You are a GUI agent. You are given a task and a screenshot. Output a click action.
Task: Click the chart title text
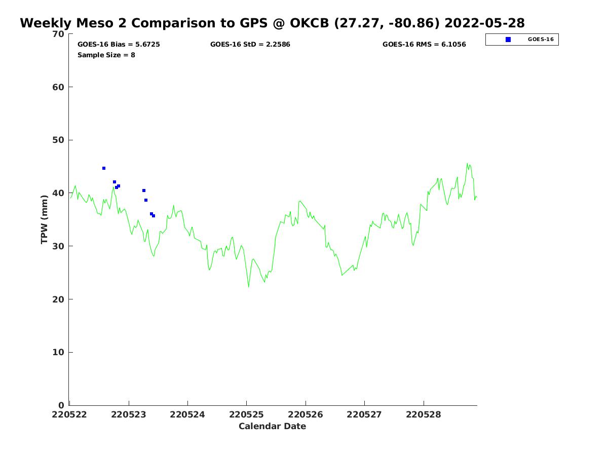pos(272,23)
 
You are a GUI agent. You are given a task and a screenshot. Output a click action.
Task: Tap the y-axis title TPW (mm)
pos(45,219)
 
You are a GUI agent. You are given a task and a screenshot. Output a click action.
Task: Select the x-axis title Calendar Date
pos(272,426)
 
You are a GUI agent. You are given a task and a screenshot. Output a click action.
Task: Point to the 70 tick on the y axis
pos(59,34)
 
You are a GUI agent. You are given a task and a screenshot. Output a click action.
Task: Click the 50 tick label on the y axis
pos(59,140)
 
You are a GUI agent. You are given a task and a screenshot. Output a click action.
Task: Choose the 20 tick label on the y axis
pos(59,299)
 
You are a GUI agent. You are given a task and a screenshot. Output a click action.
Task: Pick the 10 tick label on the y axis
pos(59,353)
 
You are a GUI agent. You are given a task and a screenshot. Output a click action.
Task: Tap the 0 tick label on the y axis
pos(61,405)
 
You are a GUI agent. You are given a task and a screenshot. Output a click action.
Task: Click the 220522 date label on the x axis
pos(69,414)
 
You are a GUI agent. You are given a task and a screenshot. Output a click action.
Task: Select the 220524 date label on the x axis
pos(187,414)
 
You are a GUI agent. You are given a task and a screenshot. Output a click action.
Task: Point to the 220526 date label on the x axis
pos(306,414)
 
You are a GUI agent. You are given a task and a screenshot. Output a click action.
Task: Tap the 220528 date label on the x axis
pos(424,414)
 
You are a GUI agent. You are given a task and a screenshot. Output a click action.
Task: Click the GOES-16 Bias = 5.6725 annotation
pos(119,45)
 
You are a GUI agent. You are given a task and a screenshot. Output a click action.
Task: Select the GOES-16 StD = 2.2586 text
pos(250,45)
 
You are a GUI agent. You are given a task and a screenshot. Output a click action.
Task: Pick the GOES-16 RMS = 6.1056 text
pos(424,45)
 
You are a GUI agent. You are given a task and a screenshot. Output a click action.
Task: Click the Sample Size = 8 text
pos(106,55)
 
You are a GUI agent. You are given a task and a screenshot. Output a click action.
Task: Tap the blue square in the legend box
pos(508,40)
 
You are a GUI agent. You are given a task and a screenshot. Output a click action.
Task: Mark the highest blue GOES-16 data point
pos(104,168)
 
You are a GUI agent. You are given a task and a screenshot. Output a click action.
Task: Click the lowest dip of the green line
pos(249,287)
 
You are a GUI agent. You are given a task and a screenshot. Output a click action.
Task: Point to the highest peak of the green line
pos(467,163)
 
